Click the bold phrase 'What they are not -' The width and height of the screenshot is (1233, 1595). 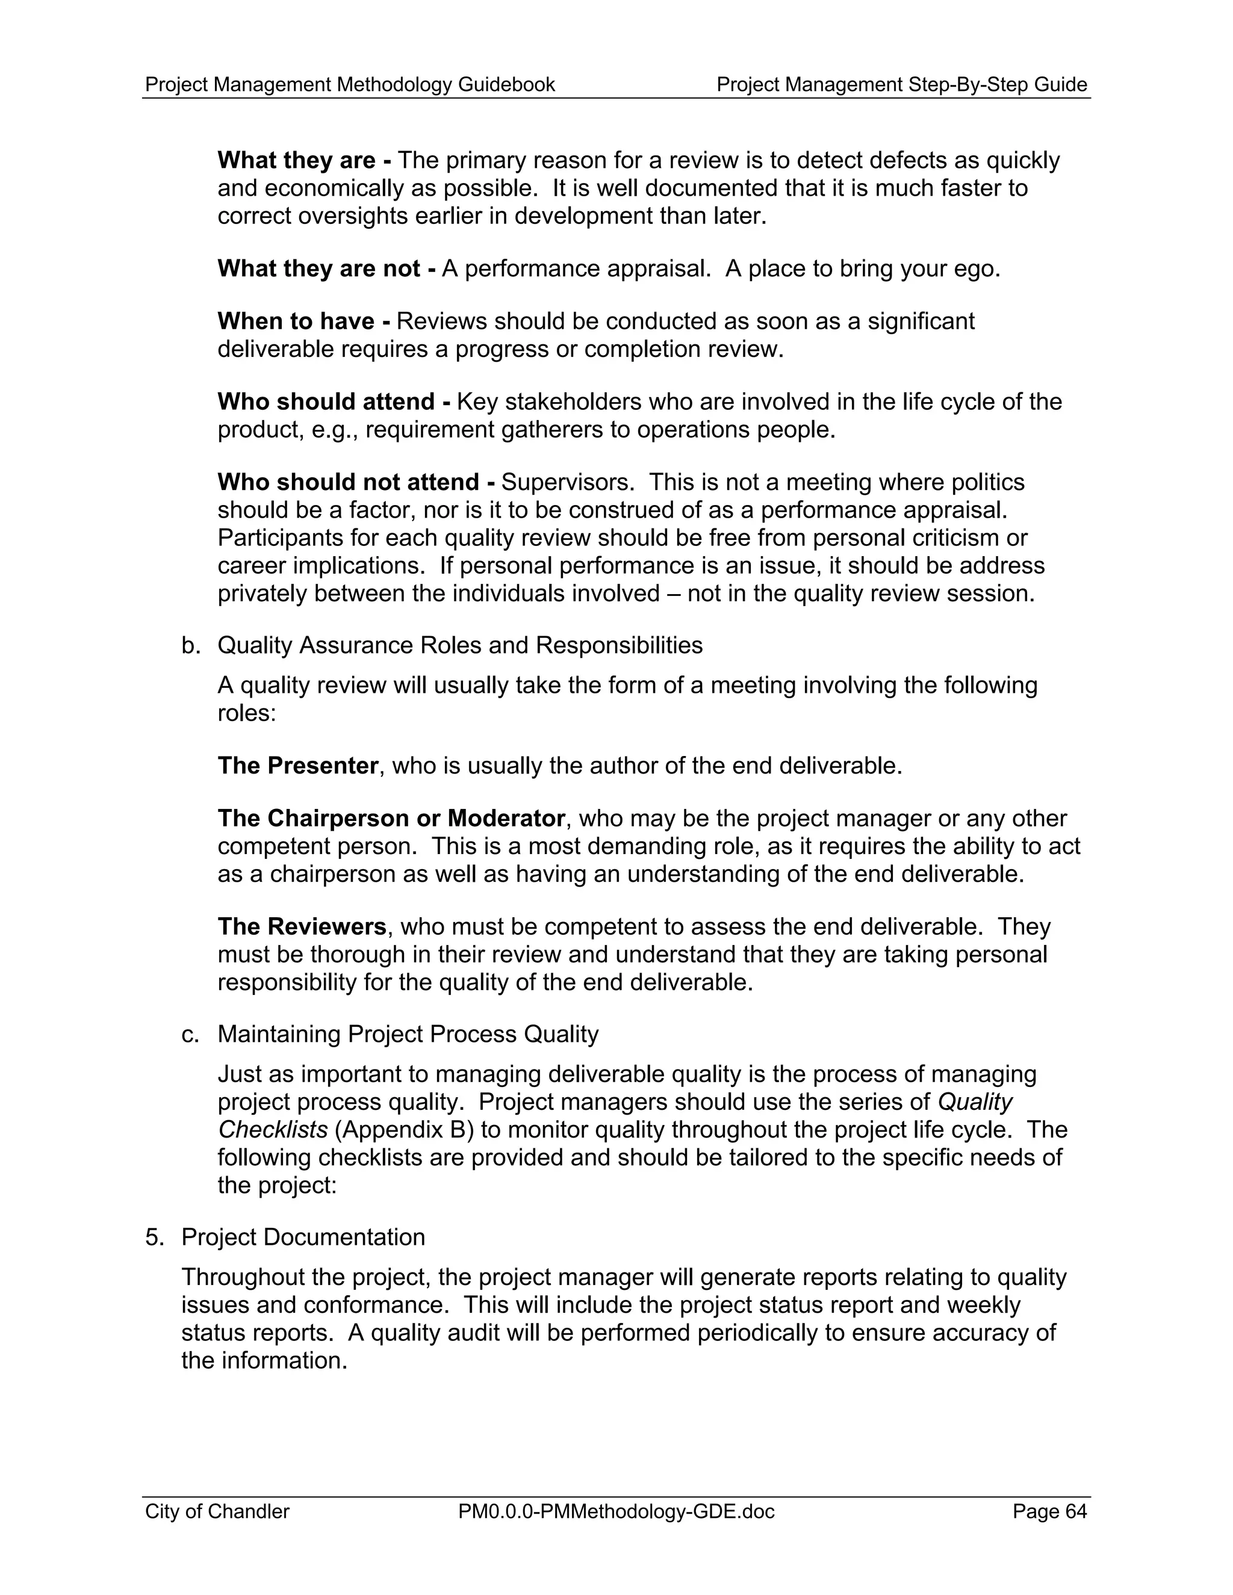326,269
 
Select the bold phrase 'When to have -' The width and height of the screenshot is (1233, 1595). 303,321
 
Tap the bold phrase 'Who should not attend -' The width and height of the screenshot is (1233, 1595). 356,482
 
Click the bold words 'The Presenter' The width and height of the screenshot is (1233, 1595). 297,766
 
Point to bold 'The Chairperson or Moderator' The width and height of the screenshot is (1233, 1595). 391,818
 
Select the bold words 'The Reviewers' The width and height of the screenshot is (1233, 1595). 302,926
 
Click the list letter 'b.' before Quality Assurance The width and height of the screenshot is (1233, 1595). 191,646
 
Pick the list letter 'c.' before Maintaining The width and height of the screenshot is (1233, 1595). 190,1034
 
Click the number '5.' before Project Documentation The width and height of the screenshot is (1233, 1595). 155,1237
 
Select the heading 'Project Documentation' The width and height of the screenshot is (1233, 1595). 303,1237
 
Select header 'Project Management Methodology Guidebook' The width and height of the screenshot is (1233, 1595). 350,85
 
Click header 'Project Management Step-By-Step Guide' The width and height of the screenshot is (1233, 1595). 901,85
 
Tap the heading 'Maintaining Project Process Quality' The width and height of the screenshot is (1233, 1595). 408,1034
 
